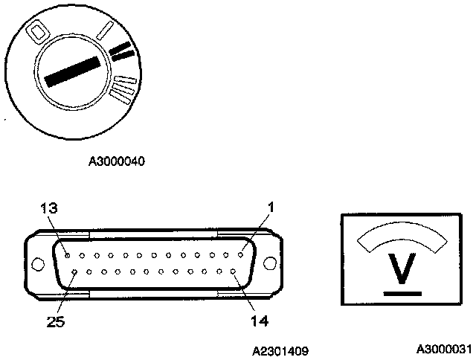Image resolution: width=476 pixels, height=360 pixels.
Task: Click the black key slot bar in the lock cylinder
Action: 72,72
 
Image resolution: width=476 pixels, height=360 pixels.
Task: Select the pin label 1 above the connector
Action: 271,208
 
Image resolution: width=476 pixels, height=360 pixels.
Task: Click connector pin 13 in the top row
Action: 67,254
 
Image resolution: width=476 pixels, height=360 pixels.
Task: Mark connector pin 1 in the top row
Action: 241,254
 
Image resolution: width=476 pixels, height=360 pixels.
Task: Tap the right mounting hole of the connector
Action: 269,263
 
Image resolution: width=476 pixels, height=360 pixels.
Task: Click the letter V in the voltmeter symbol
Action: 402,270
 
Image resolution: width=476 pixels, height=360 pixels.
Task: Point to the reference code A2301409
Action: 280,349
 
